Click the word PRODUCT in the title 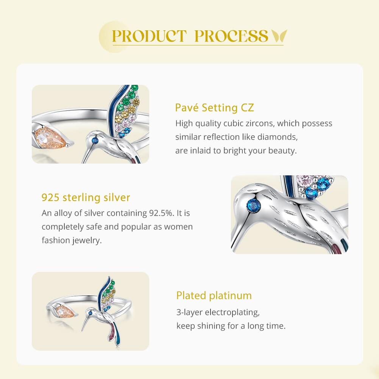150,36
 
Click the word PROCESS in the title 231,36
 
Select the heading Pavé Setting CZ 214,108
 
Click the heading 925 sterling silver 86,198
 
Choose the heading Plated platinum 214,295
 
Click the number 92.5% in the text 161,213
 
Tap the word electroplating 232,312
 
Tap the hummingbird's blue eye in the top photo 95,140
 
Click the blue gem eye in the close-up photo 255,205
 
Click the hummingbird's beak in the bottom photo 85,323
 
